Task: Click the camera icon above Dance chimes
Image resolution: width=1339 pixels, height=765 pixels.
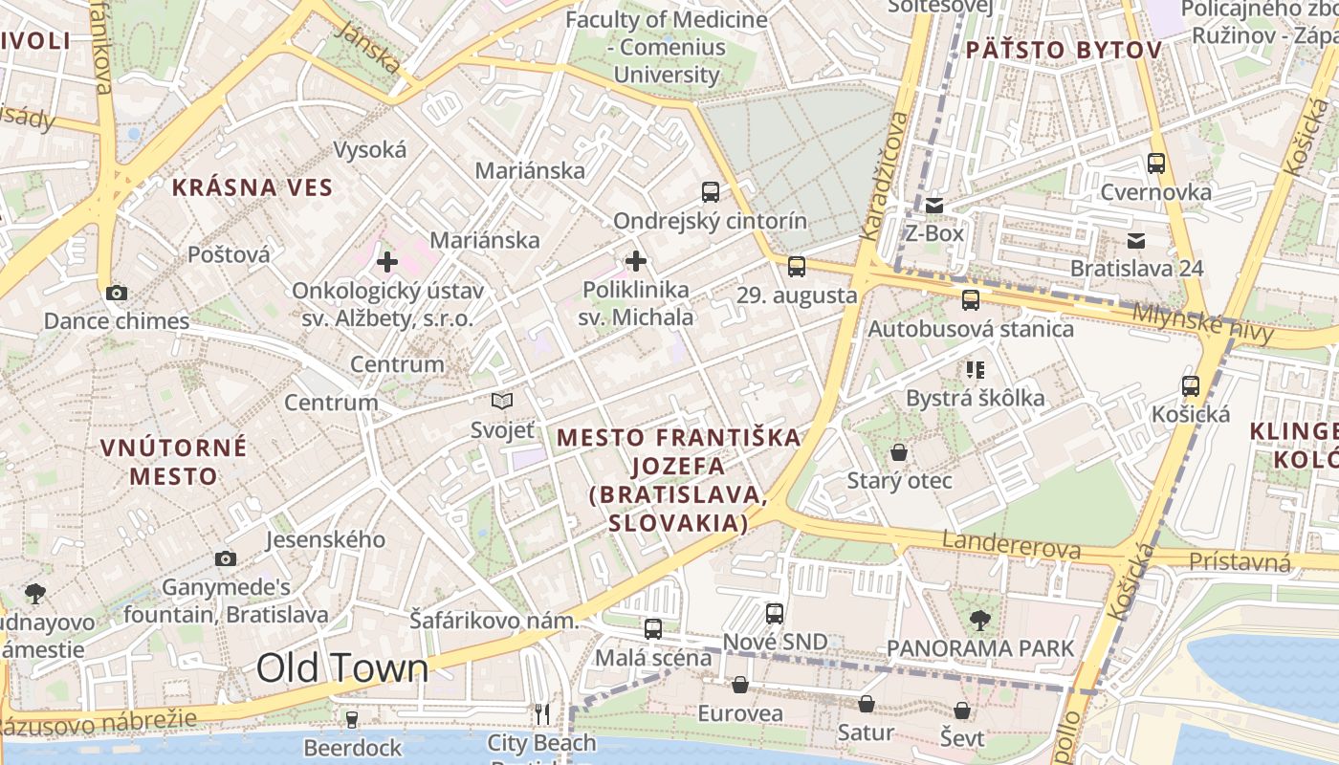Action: point(117,293)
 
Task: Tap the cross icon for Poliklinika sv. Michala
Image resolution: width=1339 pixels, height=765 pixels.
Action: point(636,260)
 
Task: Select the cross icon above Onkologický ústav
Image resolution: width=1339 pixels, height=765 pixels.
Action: point(387,261)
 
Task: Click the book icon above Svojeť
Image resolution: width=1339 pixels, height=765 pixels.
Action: point(502,402)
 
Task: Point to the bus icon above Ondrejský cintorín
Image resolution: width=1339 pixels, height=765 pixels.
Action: point(711,191)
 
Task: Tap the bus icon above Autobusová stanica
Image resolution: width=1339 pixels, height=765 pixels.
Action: point(971,299)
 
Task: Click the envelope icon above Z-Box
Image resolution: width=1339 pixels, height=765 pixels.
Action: point(934,205)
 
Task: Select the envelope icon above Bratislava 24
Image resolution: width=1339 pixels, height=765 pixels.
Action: point(1136,240)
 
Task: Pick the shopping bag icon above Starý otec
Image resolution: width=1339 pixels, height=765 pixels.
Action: point(899,451)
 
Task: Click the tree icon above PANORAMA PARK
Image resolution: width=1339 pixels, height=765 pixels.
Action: point(980,620)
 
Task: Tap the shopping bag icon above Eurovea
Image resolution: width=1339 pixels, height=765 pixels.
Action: point(739,685)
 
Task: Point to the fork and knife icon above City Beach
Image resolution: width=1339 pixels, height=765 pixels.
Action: point(542,713)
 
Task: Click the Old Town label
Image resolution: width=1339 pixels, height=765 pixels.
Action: point(342,667)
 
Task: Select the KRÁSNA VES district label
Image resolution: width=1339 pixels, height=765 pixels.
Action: point(252,187)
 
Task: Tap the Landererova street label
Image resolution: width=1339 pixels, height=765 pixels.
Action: point(1012,546)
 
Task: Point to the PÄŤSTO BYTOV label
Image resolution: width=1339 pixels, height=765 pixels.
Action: point(1064,50)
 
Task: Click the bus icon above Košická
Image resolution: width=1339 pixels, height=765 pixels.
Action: point(1191,385)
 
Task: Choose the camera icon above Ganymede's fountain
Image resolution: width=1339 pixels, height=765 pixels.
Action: point(226,558)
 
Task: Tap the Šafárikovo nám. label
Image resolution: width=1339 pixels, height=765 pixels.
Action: point(494,621)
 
